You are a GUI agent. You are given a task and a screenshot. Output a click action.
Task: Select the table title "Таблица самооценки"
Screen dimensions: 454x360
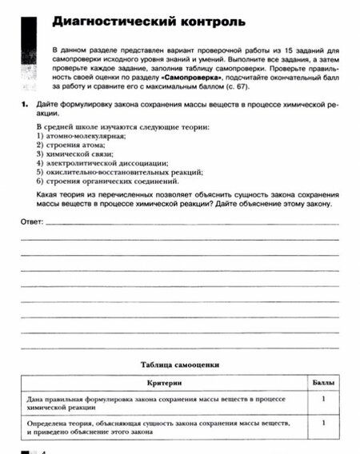pyautogui.click(x=179, y=364)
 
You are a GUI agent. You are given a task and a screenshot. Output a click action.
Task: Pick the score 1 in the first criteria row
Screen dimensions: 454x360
pyautogui.click(x=322, y=397)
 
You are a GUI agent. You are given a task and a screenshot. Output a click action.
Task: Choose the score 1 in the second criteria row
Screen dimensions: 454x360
pyautogui.click(x=322, y=422)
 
